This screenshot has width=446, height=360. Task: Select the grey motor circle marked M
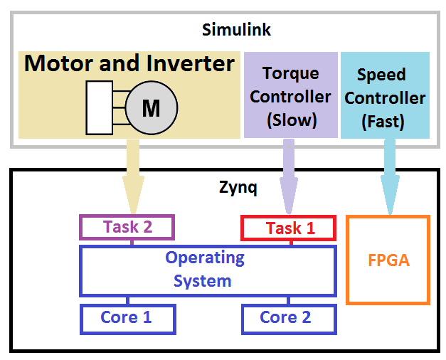click(151, 109)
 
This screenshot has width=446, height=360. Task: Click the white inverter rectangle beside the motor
click(99, 107)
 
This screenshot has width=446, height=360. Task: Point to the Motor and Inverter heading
click(129, 64)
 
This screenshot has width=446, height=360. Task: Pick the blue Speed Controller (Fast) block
click(385, 95)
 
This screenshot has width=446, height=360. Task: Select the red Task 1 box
click(288, 228)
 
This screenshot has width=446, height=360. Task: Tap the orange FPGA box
click(388, 260)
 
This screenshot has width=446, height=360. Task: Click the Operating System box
click(206, 270)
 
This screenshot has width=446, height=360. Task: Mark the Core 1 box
click(127, 318)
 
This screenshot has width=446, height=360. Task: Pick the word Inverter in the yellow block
click(191, 64)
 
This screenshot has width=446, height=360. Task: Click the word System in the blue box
click(203, 280)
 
